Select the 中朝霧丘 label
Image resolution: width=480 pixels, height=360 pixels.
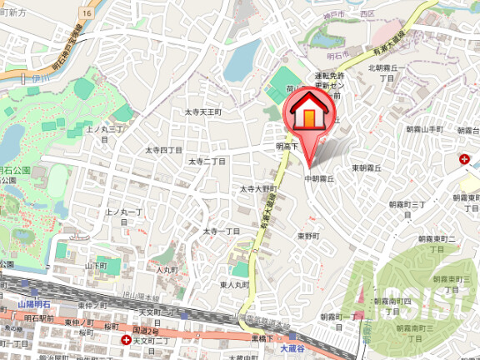tap(319, 179)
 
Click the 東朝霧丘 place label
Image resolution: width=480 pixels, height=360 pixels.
tap(367, 167)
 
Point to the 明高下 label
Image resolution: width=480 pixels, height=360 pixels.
tap(287, 145)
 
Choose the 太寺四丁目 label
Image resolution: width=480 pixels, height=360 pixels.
tap(164, 150)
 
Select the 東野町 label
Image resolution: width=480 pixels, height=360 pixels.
tap(308, 236)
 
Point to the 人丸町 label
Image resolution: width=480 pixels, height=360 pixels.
tap(168, 269)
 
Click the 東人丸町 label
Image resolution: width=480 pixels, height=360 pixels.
tap(235, 285)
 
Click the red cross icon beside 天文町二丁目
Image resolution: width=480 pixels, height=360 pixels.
tap(126, 340)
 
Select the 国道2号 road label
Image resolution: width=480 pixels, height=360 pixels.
tap(122, 330)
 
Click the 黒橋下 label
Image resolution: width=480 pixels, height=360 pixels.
tap(265, 338)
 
